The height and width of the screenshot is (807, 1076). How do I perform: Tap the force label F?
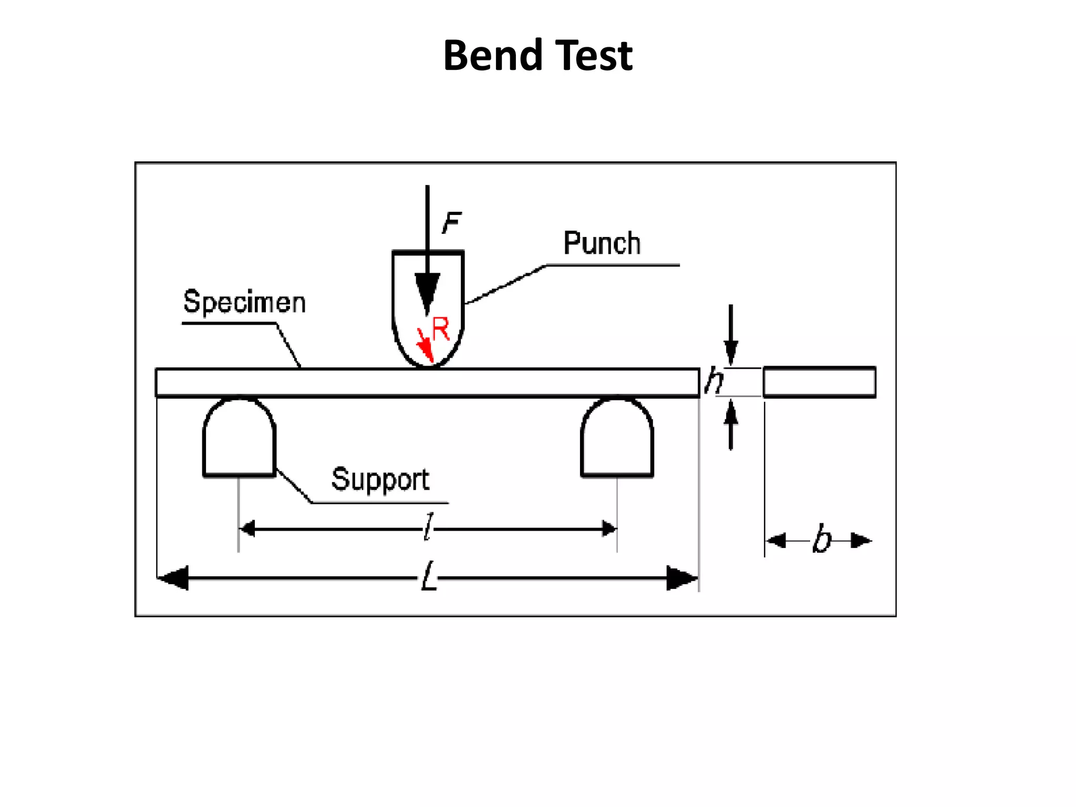click(x=451, y=223)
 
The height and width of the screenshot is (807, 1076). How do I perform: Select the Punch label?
click(x=602, y=243)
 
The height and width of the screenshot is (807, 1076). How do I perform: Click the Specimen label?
click(x=244, y=302)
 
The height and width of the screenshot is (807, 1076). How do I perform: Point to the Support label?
click(x=380, y=479)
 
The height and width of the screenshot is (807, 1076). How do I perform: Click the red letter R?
click(x=441, y=329)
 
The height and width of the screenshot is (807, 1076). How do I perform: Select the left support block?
click(x=239, y=439)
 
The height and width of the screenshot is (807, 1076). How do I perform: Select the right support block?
click(x=617, y=439)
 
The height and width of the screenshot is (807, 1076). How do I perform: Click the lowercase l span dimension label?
click(x=429, y=527)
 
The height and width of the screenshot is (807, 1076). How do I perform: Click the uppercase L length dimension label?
click(x=429, y=576)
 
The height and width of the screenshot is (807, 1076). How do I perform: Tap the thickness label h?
click(x=713, y=380)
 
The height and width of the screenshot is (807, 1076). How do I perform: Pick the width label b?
click(x=822, y=540)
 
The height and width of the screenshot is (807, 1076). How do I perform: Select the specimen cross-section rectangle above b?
click(x=819, y=382)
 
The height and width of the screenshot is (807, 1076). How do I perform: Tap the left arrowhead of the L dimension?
click(x=173, y=578)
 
